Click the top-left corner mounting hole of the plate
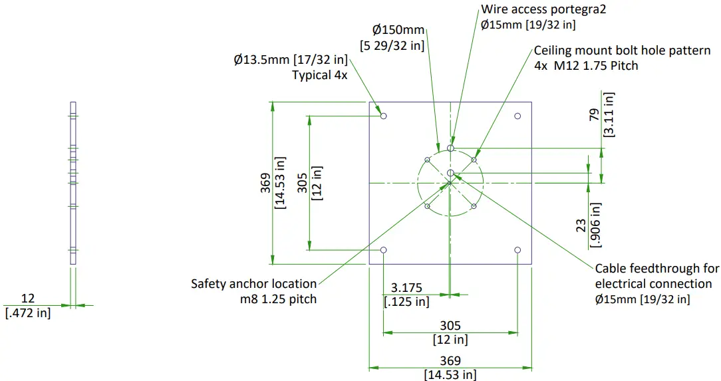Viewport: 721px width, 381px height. (x=384, y=116)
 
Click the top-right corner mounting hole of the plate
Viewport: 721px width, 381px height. (x=517, y=116)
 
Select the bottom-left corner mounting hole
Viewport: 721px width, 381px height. (x=384, y=250)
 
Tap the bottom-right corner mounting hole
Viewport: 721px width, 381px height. (x=517, y=250)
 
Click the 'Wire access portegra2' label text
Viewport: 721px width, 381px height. (x=543, y=9)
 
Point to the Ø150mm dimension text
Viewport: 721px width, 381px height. (x=398, y=30)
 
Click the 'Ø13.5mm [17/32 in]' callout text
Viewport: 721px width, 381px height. (x=291, y=61)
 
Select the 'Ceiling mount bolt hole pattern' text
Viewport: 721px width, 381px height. (x=622, y=51)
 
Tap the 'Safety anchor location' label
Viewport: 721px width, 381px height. (x=254, y=284)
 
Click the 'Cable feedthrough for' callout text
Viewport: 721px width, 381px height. (x=656, y=269)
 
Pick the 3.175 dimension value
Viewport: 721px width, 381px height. (x=407, y=288)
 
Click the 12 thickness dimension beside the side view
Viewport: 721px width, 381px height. (x=27, y=299)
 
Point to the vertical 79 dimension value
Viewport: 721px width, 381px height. (x=594, y=114)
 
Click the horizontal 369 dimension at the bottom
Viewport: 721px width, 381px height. (x=450, y=360)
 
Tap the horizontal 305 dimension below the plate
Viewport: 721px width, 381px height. (x=450, y=326)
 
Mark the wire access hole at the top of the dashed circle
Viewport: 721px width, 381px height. (x=450, y=148)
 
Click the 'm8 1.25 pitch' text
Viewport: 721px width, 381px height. (x=279, y=299)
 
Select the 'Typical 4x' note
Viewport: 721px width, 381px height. (x=319, y=75)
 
